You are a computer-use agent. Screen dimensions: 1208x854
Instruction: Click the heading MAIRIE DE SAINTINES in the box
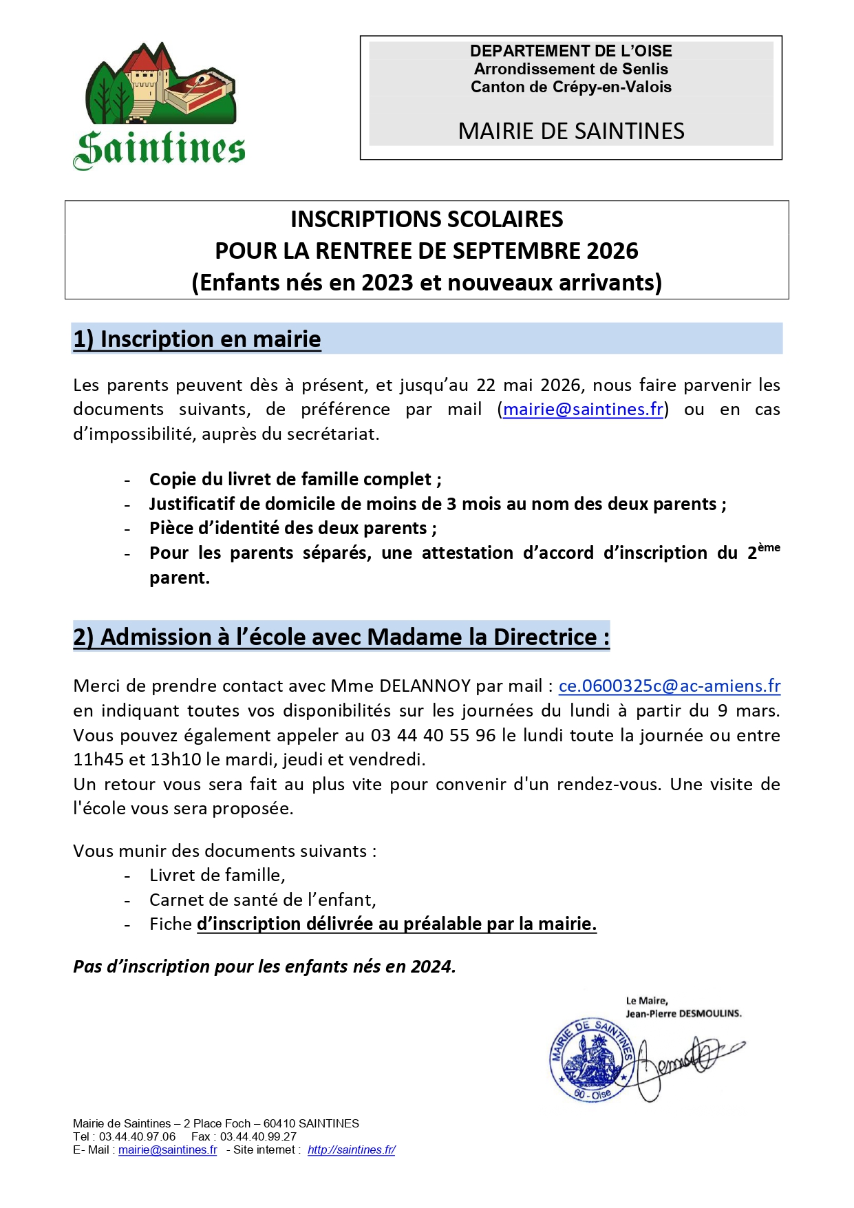tap(570, 131)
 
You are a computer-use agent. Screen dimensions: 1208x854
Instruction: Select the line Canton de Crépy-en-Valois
tap(570, 87)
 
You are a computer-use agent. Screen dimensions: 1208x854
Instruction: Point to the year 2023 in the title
tap(387, 282)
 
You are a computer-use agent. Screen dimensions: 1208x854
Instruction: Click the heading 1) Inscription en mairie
tap(197, 339)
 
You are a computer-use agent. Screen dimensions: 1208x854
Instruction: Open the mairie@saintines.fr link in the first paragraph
tap(583, 409)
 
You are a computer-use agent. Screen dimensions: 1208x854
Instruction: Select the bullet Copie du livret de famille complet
tap(295, 479)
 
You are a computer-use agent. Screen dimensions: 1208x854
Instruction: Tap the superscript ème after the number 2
tap(769, 547)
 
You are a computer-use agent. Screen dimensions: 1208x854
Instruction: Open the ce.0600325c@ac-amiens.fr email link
tap(669, 686)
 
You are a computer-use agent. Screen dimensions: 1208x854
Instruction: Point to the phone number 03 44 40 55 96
tap(433, 735)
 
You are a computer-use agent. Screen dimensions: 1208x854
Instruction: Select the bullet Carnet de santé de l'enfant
tap(262, 900)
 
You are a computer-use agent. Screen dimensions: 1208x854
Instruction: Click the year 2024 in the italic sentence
tap(431, 966)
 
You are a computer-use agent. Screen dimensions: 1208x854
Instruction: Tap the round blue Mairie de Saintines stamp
tap(591, 1059)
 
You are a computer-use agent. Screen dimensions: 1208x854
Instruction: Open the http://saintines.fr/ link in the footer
tap(351, 1149)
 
